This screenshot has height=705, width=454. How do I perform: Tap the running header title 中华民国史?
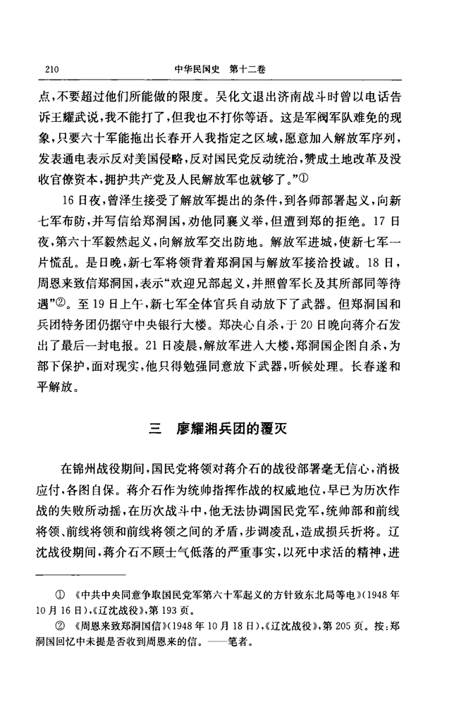[195, 70]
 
